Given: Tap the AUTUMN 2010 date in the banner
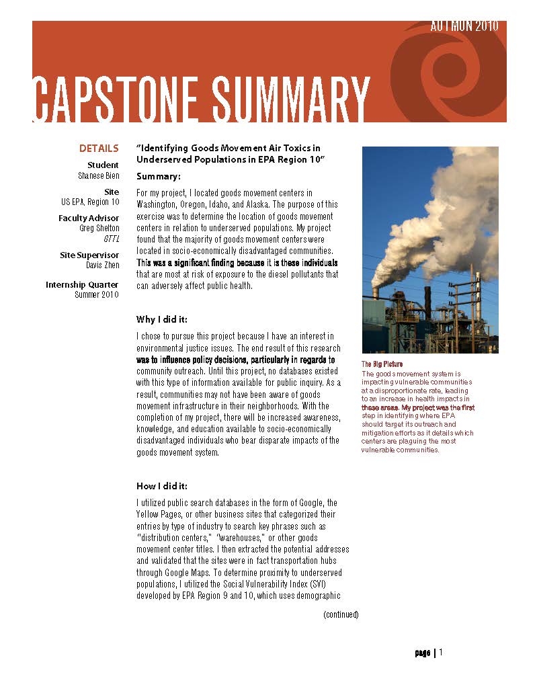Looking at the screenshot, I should tap(464, 27).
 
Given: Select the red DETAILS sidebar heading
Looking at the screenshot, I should tap(99, 149).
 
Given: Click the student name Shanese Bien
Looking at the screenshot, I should tap(98, 175).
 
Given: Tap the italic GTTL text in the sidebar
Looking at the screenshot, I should tap(112, 239).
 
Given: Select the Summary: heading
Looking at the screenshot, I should tap(159, 177).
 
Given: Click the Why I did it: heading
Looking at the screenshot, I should tap(162, 318).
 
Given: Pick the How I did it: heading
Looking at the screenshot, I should tap(162, 486).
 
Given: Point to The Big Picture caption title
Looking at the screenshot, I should tap(382, 364).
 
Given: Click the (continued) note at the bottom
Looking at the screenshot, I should tap(341, 614).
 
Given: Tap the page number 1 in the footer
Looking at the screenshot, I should tap(442, 653).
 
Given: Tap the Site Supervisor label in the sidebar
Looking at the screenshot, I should tap(89, 255).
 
